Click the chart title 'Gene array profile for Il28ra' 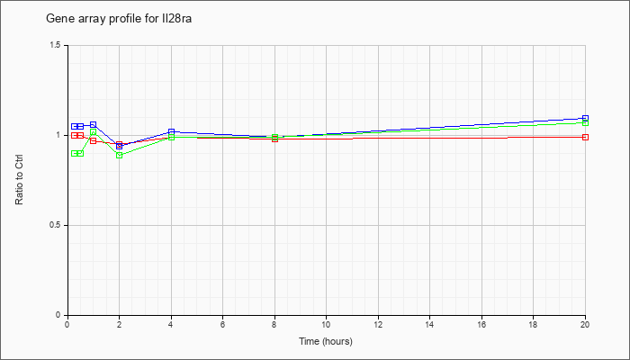(x=119, y=19)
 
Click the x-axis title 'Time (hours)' (x=326, y=341)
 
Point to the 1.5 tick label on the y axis (x=55, y=45)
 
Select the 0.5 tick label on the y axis (x=55, y=225)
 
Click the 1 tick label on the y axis (x=58, y=135)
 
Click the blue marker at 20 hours (x=585, y=119)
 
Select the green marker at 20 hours (x=585, y=122)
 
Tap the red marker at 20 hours (x=585, y=137)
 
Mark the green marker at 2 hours (x=120, y=155)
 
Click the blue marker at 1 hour (x=94, y=124)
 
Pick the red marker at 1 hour (x=94, y=140)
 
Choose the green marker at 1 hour (x=94, y=131)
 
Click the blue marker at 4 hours (x=172, y=131)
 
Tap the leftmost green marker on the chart (x=75, y=154)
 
